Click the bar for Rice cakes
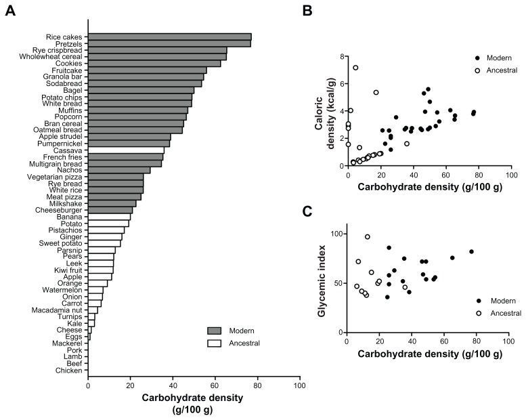coord(169,37)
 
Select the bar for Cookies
coord(154,64)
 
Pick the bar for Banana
coord(109,217)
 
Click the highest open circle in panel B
coord(355,68)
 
